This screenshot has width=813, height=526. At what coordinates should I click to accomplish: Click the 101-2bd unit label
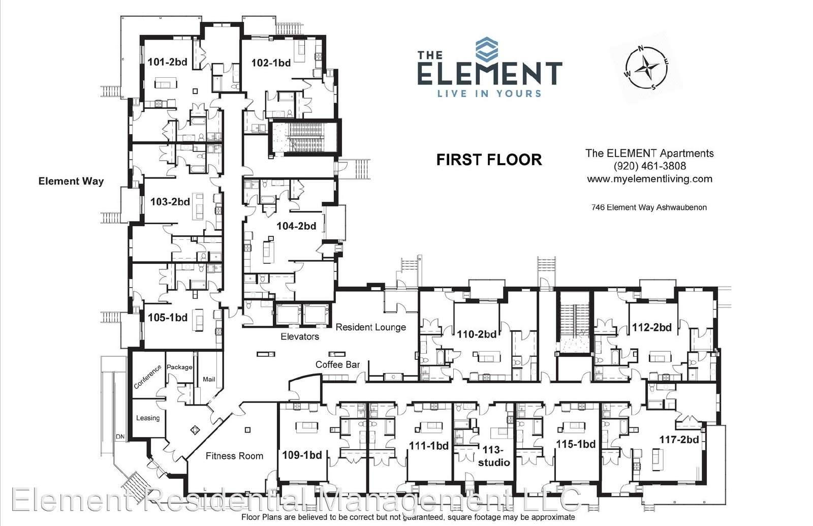pos(167,61)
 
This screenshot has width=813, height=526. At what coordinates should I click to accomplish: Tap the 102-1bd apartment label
pos(271,63)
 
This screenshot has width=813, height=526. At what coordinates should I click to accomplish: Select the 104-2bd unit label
pos(296,226)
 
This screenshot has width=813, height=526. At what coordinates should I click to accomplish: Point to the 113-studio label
pos(494,456)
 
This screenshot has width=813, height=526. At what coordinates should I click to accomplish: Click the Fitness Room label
pos(234,456)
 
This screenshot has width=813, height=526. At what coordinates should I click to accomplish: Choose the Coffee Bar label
pos(337,364)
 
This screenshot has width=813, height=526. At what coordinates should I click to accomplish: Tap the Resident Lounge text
pos(370,327)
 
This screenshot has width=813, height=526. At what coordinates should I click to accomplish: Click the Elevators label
pos(300,336)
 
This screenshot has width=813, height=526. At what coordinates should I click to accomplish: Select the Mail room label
pos(209,379)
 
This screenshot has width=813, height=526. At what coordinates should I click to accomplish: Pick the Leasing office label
pos(148,418)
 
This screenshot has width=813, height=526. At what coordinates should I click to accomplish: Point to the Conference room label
pos(147,377)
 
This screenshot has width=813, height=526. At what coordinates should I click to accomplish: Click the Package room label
pos(179,367)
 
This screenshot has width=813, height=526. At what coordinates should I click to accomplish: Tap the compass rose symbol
pos(646,68)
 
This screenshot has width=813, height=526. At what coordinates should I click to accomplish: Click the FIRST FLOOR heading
pos(489,160)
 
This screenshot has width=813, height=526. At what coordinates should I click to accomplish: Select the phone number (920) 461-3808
pos(650,166)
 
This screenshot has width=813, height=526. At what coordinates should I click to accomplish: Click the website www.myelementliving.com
pos(650,179)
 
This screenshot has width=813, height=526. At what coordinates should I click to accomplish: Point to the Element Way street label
pos(71,181)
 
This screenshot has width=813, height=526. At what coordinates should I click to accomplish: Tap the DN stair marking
pos(120,437)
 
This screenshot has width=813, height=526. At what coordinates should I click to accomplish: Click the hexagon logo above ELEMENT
pos(487,48)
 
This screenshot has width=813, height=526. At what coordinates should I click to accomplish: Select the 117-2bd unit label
pos(679,440)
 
